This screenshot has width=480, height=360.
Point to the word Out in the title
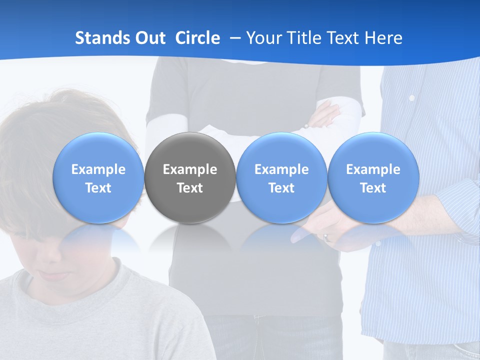148,38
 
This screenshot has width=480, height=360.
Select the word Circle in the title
197,38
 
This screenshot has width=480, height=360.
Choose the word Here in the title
383,38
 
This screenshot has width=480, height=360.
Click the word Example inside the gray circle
190,169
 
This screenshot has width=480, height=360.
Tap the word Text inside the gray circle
190,188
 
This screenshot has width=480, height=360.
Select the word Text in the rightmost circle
373,188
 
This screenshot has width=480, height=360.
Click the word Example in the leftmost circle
98,169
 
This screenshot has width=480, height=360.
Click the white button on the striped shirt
411,98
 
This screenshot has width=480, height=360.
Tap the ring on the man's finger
326,237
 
